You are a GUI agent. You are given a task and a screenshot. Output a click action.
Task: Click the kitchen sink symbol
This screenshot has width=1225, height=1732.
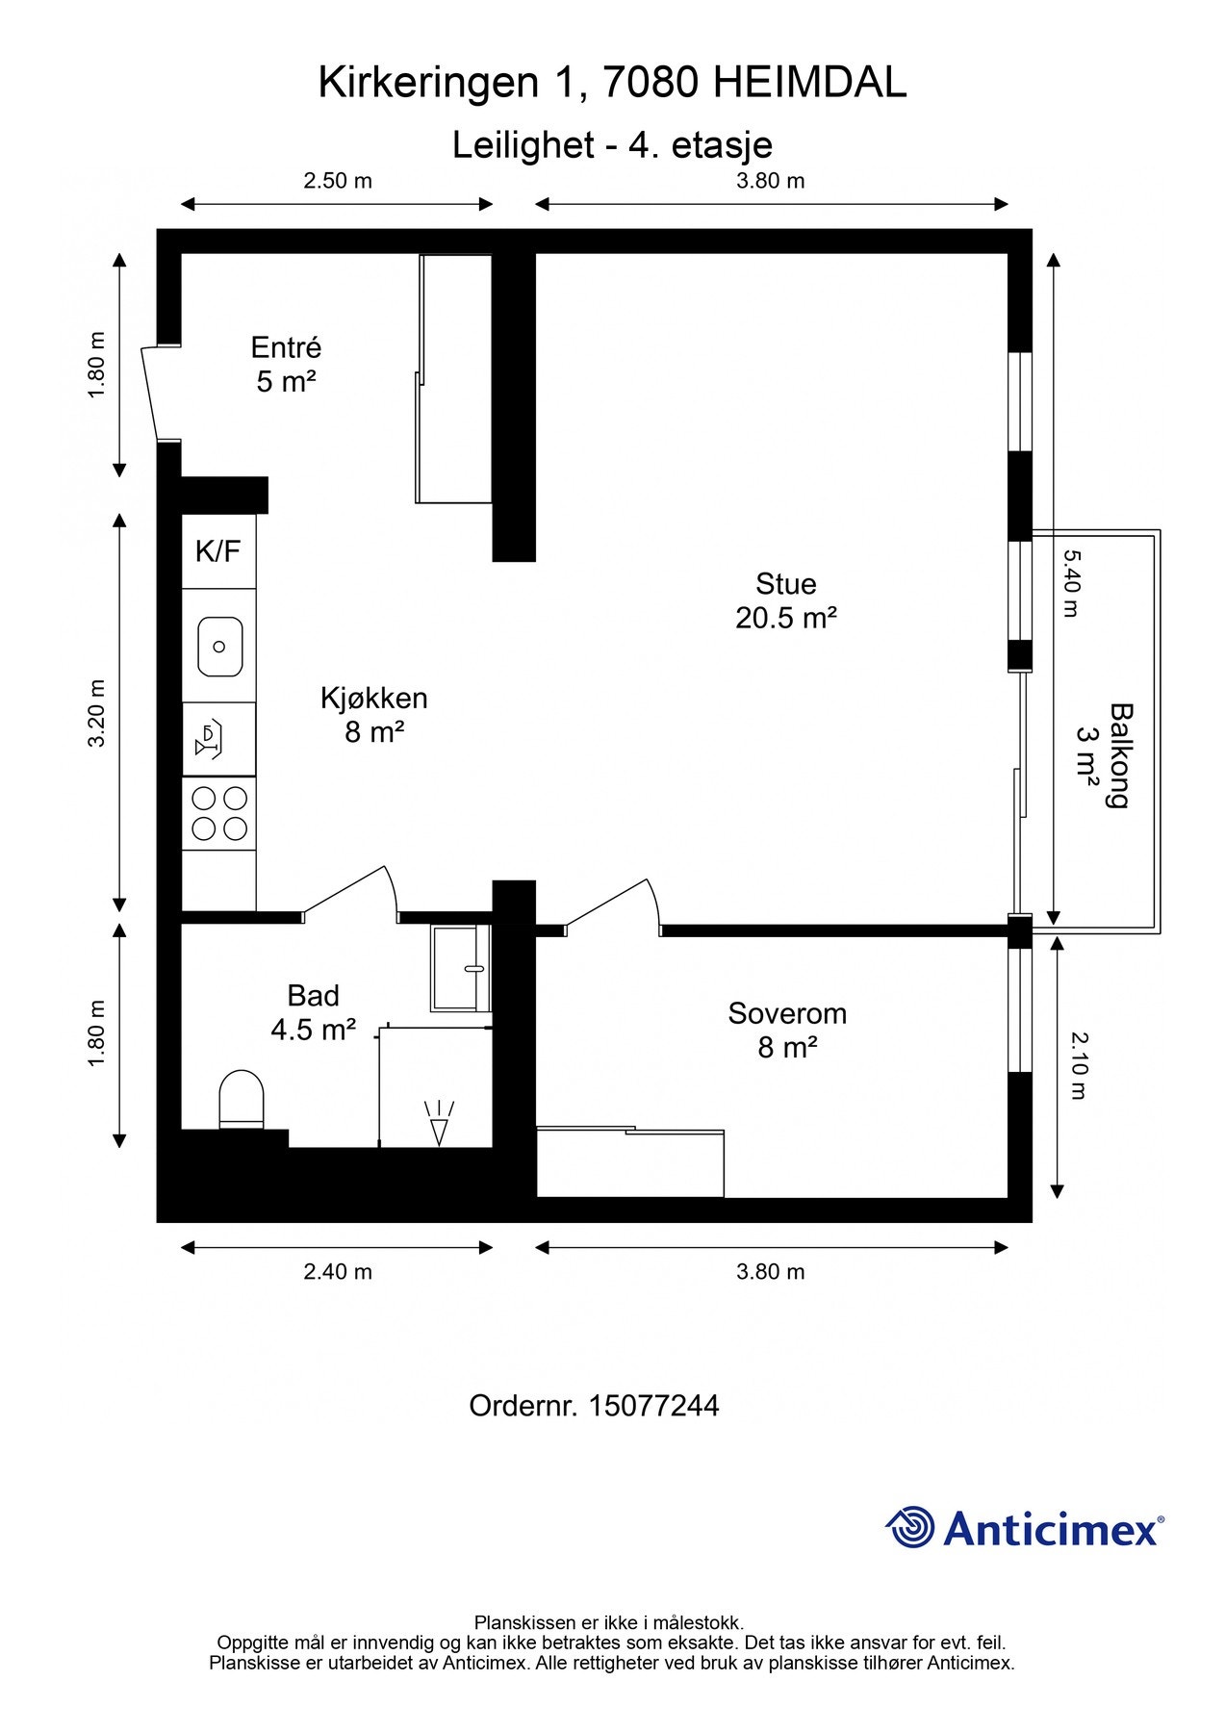tap(219, 646)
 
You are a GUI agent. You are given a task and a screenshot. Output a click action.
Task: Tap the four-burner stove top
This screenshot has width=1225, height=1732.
tap(219, 813)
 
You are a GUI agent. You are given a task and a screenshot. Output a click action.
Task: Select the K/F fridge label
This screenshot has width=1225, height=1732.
tap(217, 551)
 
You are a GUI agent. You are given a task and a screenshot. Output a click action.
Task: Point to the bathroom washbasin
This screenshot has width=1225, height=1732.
tap(461, 968)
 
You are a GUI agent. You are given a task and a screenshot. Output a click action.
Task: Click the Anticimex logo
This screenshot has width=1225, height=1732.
tap(1025, 1527)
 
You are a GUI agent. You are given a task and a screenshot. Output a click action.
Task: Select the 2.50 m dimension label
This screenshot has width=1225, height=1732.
tap(338, 180)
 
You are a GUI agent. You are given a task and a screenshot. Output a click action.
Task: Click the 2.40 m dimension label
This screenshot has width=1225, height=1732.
tap(338, 1271)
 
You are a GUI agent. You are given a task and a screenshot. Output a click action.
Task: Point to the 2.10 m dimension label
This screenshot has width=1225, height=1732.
tap(1078, 1065)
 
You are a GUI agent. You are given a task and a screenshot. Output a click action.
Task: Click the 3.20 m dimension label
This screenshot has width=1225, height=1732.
tap(96, 713)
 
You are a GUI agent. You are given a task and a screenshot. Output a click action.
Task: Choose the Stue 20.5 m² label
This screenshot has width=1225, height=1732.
tap(786, 600)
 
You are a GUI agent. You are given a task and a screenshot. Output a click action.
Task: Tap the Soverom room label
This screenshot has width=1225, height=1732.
tap(787, 1012)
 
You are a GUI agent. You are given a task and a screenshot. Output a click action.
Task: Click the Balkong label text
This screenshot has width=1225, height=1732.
tap(1119, 755)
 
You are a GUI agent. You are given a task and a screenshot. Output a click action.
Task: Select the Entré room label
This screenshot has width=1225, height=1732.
tap(286, 346)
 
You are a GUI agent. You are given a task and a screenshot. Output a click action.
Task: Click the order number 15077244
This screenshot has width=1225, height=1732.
tap(653, 1406)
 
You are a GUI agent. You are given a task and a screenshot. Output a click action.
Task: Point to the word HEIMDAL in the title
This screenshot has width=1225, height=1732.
tap(809, 83)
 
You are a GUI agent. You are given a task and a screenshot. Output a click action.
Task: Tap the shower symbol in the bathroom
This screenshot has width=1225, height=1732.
tap(440, 1122)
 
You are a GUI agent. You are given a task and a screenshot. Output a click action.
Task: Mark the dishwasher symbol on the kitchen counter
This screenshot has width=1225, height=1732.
tap(210, 738)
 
